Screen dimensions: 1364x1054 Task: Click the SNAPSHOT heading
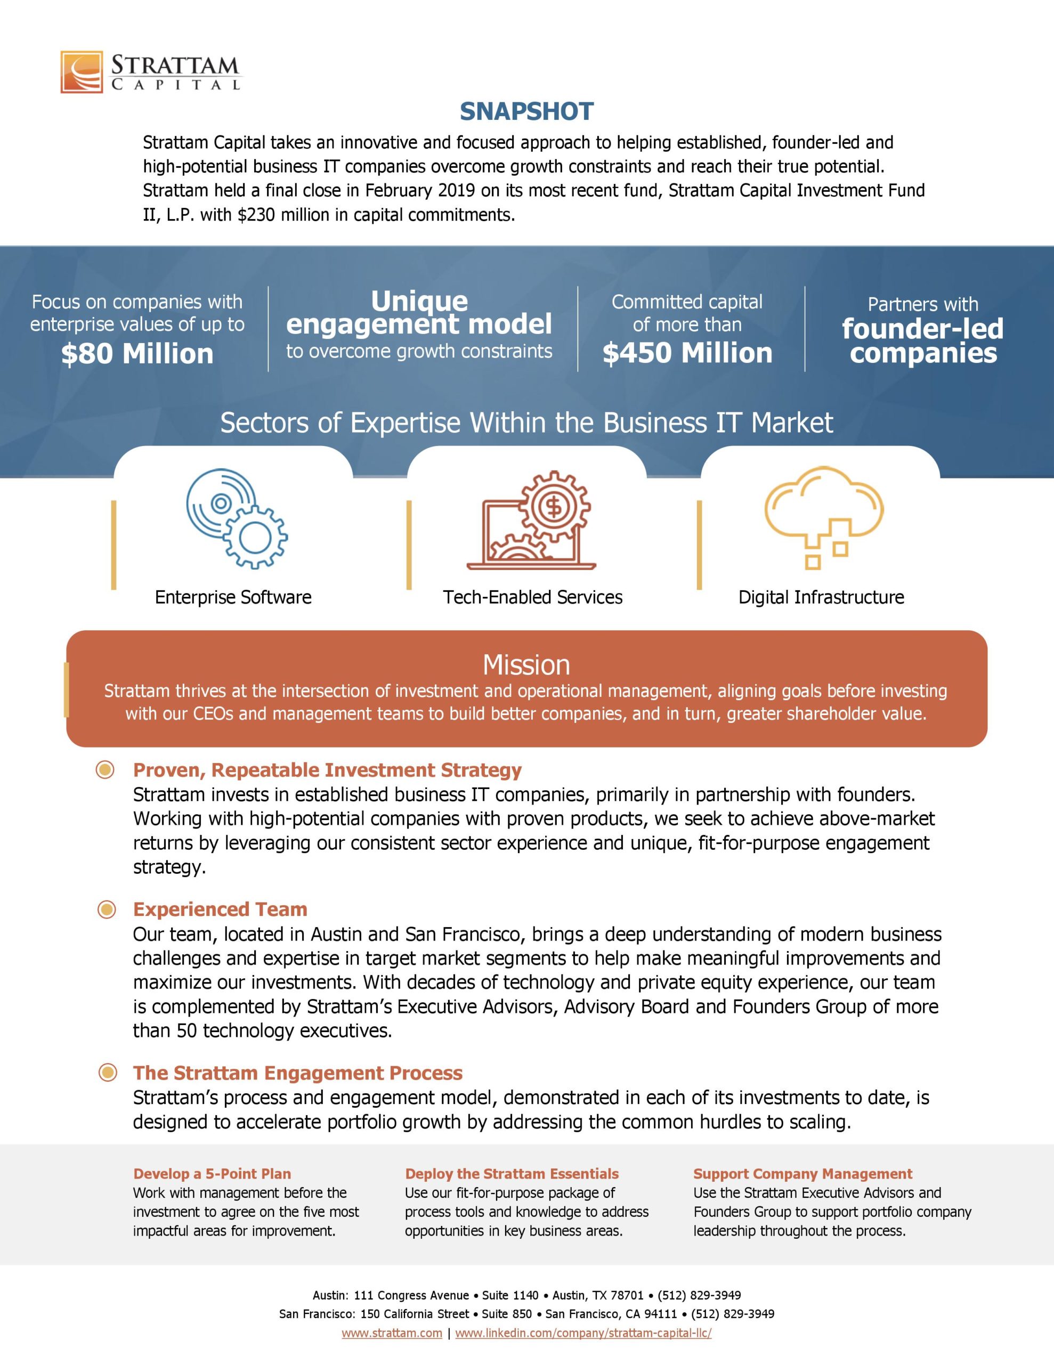click(526, 111)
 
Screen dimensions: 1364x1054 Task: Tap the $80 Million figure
click(137, 353)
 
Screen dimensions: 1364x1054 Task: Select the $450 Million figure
click(687, 353)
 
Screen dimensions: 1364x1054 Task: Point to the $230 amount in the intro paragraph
click(257, 215)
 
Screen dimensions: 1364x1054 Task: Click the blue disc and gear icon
click(236, 518)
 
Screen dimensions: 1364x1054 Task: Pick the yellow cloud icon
click(823, 515)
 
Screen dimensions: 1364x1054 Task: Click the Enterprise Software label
click(233, 597)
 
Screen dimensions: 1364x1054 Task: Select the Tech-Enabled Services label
click(533, 597)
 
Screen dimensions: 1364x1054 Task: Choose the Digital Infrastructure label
click(821, 597)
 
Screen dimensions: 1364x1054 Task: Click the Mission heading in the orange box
click(526, 664)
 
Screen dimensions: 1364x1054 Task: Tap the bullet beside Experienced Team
click(107, 910)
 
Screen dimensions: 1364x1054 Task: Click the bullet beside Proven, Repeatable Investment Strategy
click(105, 770)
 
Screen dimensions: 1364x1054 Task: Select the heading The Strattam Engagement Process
click(297, 1073)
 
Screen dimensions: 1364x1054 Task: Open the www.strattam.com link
click(392, 1333)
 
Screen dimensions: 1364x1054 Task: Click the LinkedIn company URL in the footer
click(583, 1333)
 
